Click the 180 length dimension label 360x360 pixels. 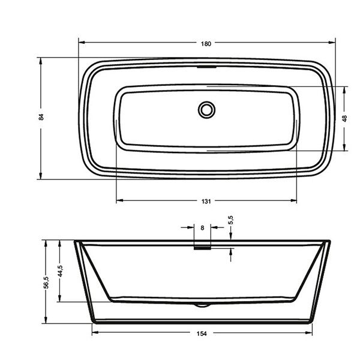point(206,44)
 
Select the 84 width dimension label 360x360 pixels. point(41,117)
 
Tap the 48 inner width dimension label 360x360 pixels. point(344,118)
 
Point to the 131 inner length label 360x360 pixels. point(206,202)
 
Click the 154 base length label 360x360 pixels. point(202,334)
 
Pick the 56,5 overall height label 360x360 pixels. point(46,282)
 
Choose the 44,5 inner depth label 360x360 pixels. point(60,271)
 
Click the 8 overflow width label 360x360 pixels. point(202,228)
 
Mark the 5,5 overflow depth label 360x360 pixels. point(231,220)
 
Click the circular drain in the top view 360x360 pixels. point(206,110)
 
